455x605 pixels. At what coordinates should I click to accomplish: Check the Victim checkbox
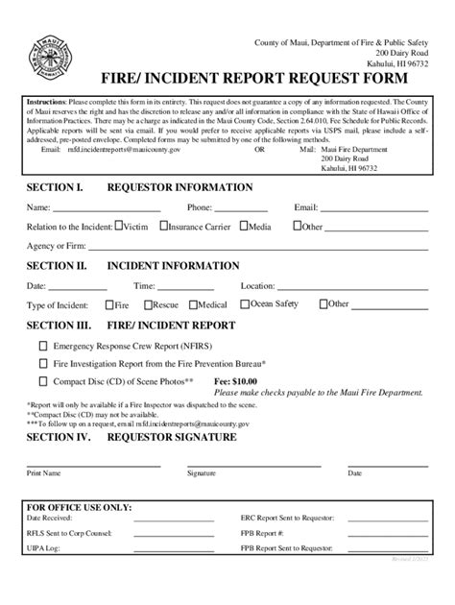pyautogui.click(x=118, y=228)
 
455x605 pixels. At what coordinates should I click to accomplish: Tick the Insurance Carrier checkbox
pyautogui.click(x=163, y=228)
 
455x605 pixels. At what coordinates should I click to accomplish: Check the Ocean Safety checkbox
pyautogui.click(x=245, y=304)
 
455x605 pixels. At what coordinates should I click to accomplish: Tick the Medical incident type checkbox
pyautogui.click(x=193, y=304)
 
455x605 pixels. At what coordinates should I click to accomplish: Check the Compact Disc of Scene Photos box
pyautogui.click(x=42, y=381)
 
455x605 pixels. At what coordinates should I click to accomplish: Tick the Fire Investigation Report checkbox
pyautogui.click(x=42, y=363)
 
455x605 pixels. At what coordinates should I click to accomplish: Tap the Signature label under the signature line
pyautogui.click(x=202, y=473)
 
